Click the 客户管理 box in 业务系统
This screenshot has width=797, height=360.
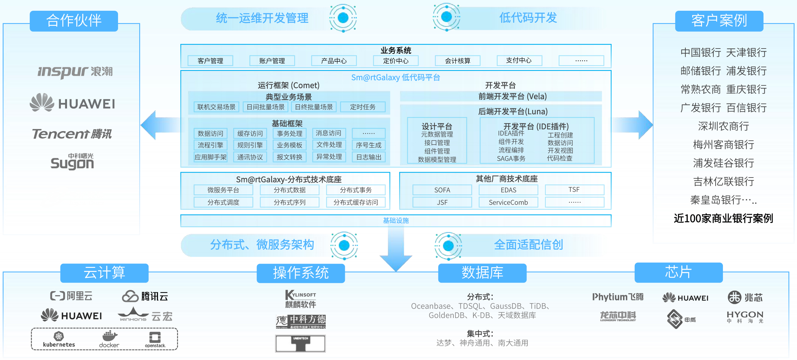tap(210, 61)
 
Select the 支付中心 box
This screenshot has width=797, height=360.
tap(519, 60)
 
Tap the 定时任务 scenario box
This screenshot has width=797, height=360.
tap(363, 107)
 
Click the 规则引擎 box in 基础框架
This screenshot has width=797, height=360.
tap(250, 145)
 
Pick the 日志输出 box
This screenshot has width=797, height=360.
tap(369, 157)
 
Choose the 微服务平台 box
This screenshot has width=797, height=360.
tap(223, 190)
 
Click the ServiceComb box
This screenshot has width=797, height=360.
tap(508, 202)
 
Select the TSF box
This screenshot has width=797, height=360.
tap(574, 190)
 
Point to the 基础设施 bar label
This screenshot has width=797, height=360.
tap(396, 221)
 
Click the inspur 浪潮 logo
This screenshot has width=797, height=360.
tap(75, 72)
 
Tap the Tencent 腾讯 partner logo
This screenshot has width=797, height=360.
tap(72, 134)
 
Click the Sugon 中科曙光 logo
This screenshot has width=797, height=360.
tap(72, 162)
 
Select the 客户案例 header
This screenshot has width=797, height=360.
tap(719, 21)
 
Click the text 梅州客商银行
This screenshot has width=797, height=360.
tap(723, 144)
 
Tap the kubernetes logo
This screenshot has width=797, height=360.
tap(59, 339)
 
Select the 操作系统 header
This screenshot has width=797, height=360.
tap(300, 273)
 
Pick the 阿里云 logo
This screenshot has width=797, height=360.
tap(72, 296)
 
